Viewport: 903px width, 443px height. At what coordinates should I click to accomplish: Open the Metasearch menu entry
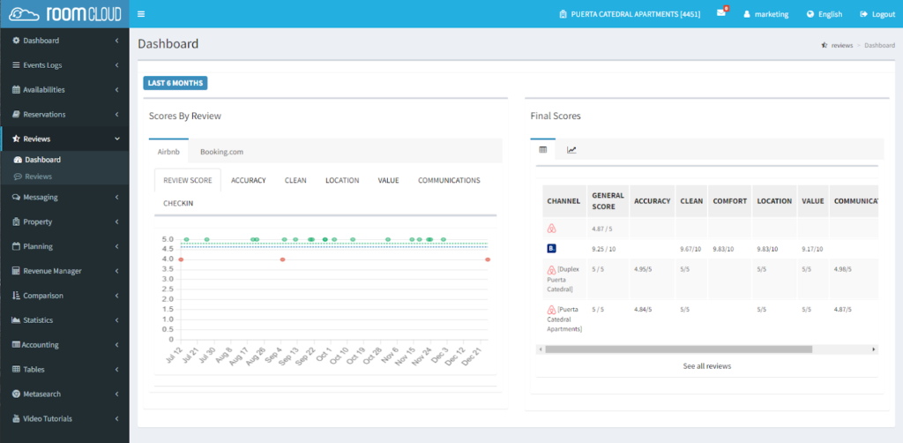41,394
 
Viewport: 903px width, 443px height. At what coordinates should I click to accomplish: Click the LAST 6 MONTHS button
175,83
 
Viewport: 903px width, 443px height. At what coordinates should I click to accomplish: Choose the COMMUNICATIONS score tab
449,180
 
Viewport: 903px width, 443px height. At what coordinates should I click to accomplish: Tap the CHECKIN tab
177,203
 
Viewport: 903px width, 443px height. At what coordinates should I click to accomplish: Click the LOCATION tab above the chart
342,180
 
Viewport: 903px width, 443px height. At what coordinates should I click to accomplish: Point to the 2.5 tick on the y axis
168,289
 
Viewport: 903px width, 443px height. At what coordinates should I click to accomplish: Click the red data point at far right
488,259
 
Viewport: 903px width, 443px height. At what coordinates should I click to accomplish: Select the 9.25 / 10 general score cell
604,250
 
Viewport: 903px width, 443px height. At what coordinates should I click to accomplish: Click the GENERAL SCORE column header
608,201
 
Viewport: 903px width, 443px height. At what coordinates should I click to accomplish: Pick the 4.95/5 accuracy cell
646,268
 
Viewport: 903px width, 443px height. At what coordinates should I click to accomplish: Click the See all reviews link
706,365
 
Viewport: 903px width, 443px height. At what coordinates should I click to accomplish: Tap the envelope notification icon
720,14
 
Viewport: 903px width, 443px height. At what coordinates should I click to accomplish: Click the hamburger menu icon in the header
141,14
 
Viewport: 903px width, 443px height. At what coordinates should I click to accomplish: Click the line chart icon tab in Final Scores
571,150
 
